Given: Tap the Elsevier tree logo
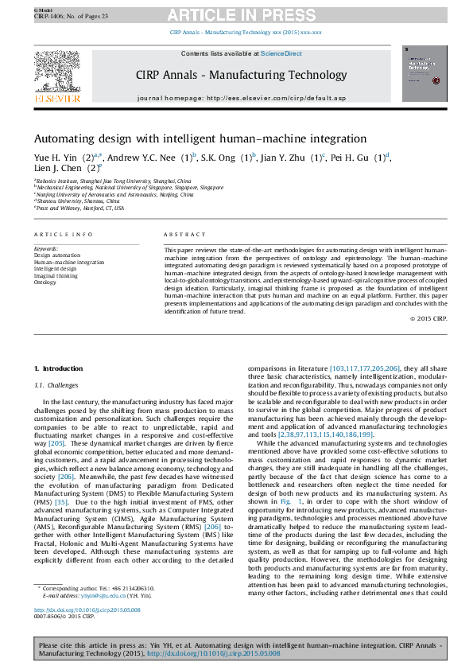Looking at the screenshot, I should point(56,74).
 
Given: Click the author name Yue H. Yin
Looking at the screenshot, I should point(56,158).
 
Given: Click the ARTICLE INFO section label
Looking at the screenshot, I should point(64,236).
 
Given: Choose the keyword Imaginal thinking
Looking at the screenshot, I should point(56,276).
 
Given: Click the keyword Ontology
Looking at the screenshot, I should point(45,282).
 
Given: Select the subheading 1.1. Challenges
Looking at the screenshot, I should point(57,384).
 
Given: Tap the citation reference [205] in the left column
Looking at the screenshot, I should point(56,442).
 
